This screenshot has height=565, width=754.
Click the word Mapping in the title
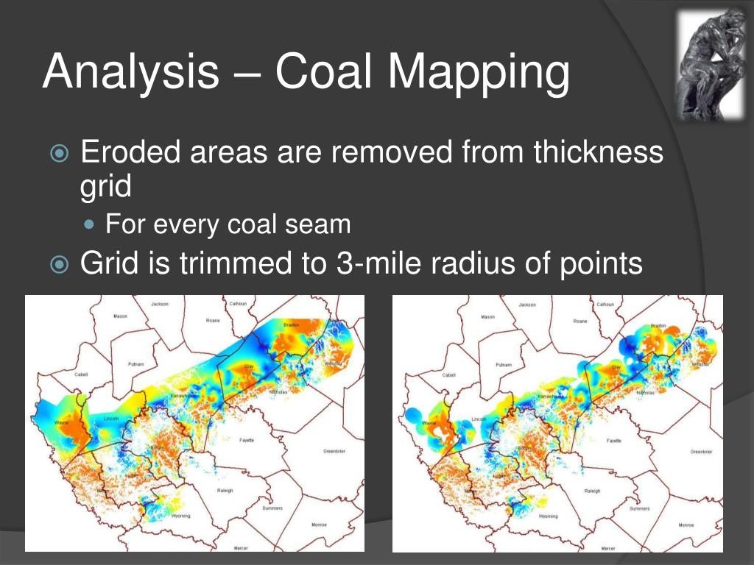[x=479, y=73]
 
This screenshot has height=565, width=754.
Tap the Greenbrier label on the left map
[x=334, y=451]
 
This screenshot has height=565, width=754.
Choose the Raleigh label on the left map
[x=226, y=491]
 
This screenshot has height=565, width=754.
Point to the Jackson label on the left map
[x=159, y=304]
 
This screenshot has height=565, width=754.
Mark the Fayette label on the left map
[x=247, y=440]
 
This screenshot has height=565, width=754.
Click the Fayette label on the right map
[x=613, y=440]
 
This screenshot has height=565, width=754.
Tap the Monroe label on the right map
[x=686, y=525]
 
